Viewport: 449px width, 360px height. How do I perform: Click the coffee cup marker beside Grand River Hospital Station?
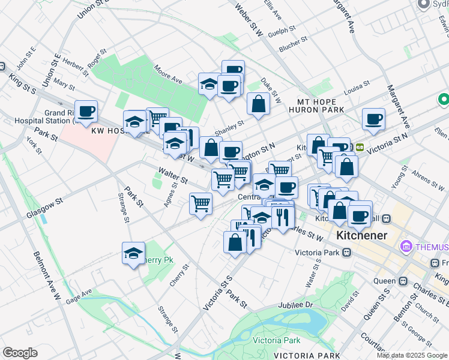pyautogui.click(x=86, y=111)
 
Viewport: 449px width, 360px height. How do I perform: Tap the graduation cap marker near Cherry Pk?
pyautogui.click(x=133, y=253)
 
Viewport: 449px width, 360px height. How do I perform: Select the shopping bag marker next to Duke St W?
pyautogui.click(x=258, y=104)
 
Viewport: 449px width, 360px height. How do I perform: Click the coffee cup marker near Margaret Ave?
pyautogui.click(x=373, y=119)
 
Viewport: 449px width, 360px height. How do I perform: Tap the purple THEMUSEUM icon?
pyautogui.click(x=406, y=247)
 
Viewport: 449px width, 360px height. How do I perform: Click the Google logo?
pyautogui.click(x=20, y=353)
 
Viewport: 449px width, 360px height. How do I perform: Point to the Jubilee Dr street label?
pyautogui.click(x=310, y=305)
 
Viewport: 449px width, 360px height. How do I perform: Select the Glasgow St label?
pyautogui.click(x=44, y=209)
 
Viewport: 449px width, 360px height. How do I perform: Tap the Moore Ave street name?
pyautogui.click(x=167, y=74)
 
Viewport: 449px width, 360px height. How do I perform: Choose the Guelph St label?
pyautogui.click(x=283, y=31)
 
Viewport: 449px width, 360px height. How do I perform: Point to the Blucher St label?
pyautogui.click(x=295, y=43)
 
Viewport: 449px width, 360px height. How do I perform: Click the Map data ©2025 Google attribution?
pyautogui.click(x=412, y=355)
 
